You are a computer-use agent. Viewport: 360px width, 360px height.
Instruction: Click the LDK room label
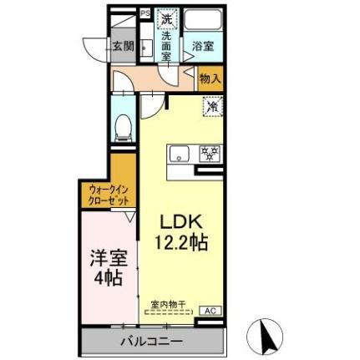coord(183,224)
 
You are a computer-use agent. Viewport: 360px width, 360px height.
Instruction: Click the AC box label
coord(210,311)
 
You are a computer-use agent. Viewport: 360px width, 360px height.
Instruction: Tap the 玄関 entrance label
coord(122,47)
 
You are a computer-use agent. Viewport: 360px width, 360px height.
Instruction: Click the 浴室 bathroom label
coord(202,47)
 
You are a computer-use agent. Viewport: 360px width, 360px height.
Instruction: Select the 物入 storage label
coord(211,79)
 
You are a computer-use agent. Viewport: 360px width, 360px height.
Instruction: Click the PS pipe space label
coord(145,13)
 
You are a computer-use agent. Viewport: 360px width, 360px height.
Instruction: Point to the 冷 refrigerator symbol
coord(213,106)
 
